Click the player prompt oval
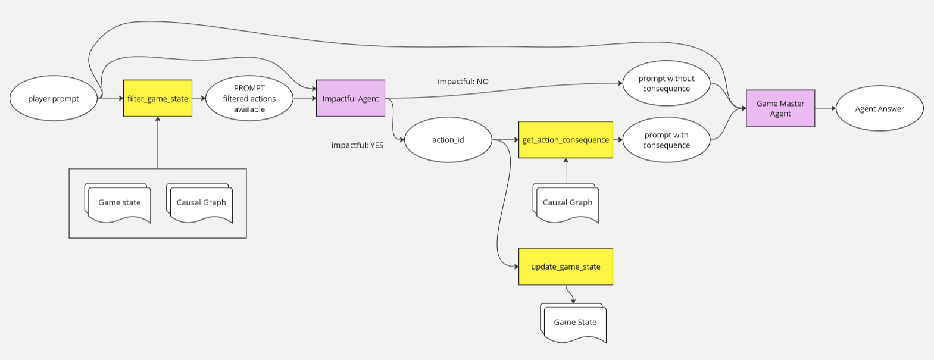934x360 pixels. pos(54,99)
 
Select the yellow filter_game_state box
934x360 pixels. pos(158,98)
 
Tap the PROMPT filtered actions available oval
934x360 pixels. pos(249,99)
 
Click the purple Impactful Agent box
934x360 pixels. pos(351,98)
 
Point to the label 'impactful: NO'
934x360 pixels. pos(463,82)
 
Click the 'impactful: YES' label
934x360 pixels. pos(357,145)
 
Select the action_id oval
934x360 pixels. pos(448,140)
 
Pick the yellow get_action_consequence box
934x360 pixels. pos(566,140)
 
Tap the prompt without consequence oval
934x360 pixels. pos(666,83)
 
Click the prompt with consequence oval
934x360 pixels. pos(666,140)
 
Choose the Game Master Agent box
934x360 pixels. pos(780,108)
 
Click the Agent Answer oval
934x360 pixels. pos(879,109)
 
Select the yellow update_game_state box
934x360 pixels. pos(566,267)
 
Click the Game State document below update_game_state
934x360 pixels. pos(574,323)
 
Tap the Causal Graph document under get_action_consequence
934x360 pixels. pos(567,203)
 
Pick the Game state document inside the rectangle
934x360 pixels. pos(119,203)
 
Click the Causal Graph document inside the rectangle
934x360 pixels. pos(201,203)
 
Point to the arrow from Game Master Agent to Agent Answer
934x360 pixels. pos(826,108)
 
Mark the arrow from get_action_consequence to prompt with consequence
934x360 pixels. pos(618,140)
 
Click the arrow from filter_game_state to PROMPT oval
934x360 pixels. pos(199,98)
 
